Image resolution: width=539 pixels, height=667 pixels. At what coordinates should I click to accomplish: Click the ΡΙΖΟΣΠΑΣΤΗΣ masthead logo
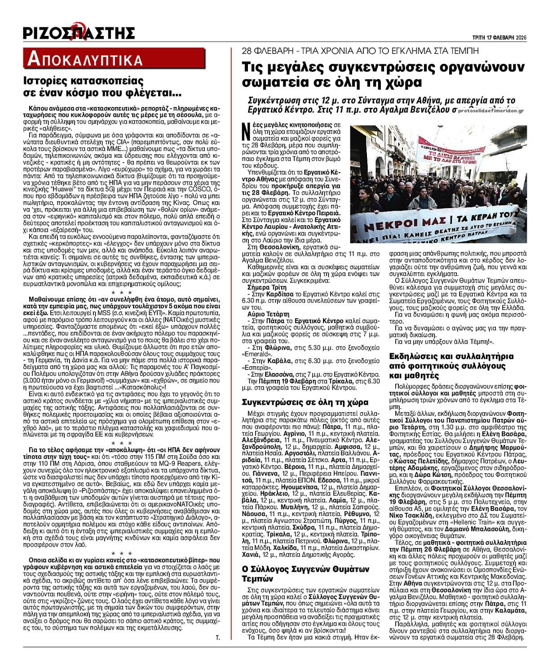[79, 32]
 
